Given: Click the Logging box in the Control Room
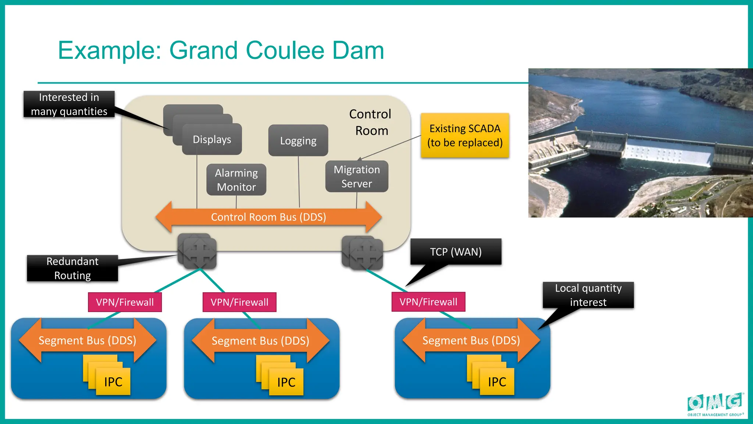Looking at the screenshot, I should [298, 141].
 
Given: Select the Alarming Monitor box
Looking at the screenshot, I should [236, 180].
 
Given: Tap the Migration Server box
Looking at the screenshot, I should [357, 177].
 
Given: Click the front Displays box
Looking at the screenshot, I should [212, 139].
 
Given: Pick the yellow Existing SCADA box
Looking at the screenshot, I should [465, 135].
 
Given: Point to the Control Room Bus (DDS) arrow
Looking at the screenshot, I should [268, 217].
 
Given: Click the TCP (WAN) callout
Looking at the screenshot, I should [456, 252].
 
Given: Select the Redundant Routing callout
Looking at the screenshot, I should [72, 268].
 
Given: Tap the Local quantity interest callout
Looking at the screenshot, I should [588, 295].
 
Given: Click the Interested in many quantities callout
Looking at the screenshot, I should [69, 104].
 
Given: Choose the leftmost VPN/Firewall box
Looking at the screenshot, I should [125, 302].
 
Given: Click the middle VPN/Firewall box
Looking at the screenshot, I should [239, 302].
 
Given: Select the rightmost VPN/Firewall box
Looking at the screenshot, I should [428, 302].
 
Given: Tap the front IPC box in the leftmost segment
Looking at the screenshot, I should [113, 382].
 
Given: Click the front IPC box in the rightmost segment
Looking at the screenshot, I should [497, 382].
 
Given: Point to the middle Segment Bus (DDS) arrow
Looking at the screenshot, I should [260, 341].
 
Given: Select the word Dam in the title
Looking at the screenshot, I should [358, 50].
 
